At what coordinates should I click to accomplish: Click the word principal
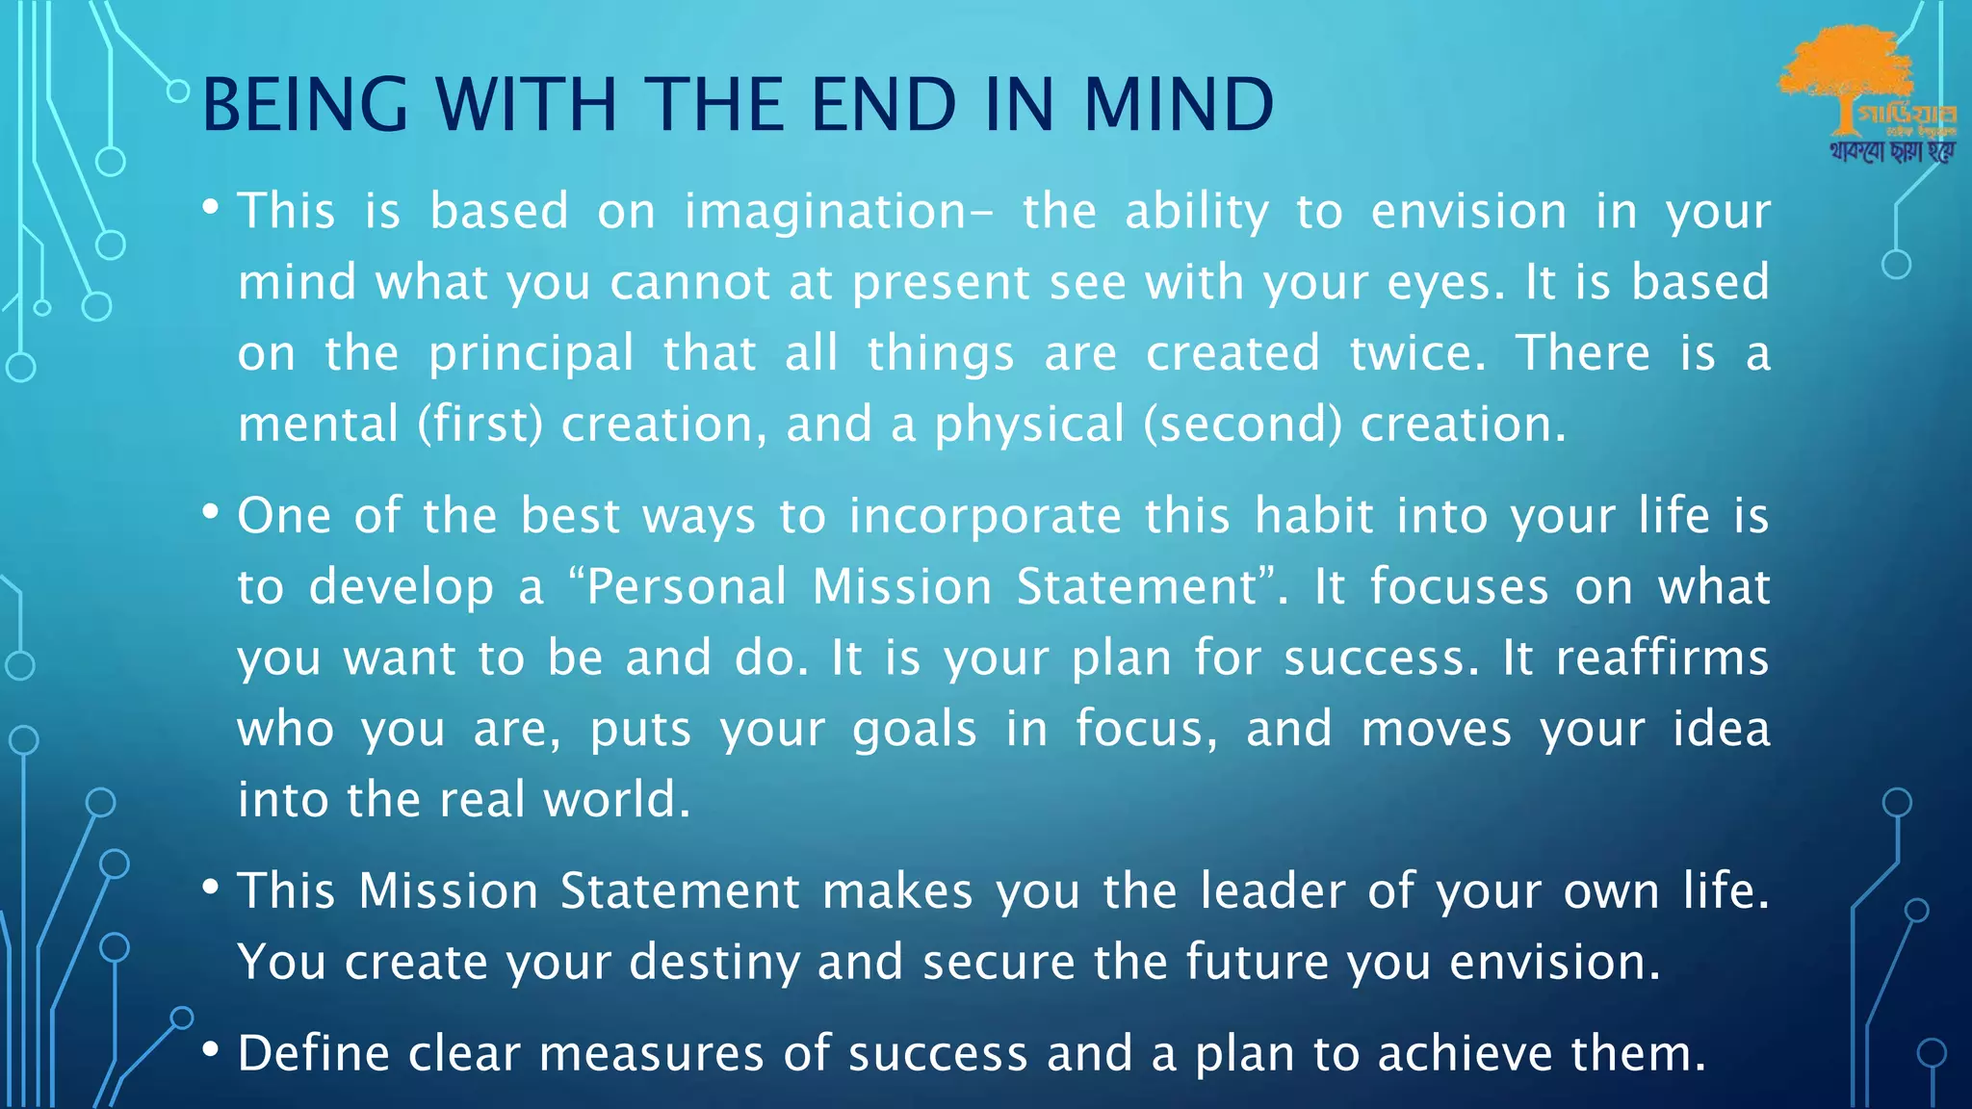pos(532,354)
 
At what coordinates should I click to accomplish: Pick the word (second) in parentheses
pos(1242,425)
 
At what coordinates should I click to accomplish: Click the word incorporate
pos(985,517)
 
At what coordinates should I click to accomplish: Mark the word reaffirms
pos(1662,658)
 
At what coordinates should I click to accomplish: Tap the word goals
pos(915,731)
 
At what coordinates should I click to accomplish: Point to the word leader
pos(1272,890)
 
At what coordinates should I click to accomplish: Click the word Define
pos(313,1053)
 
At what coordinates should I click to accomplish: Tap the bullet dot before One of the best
pos(211,512)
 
